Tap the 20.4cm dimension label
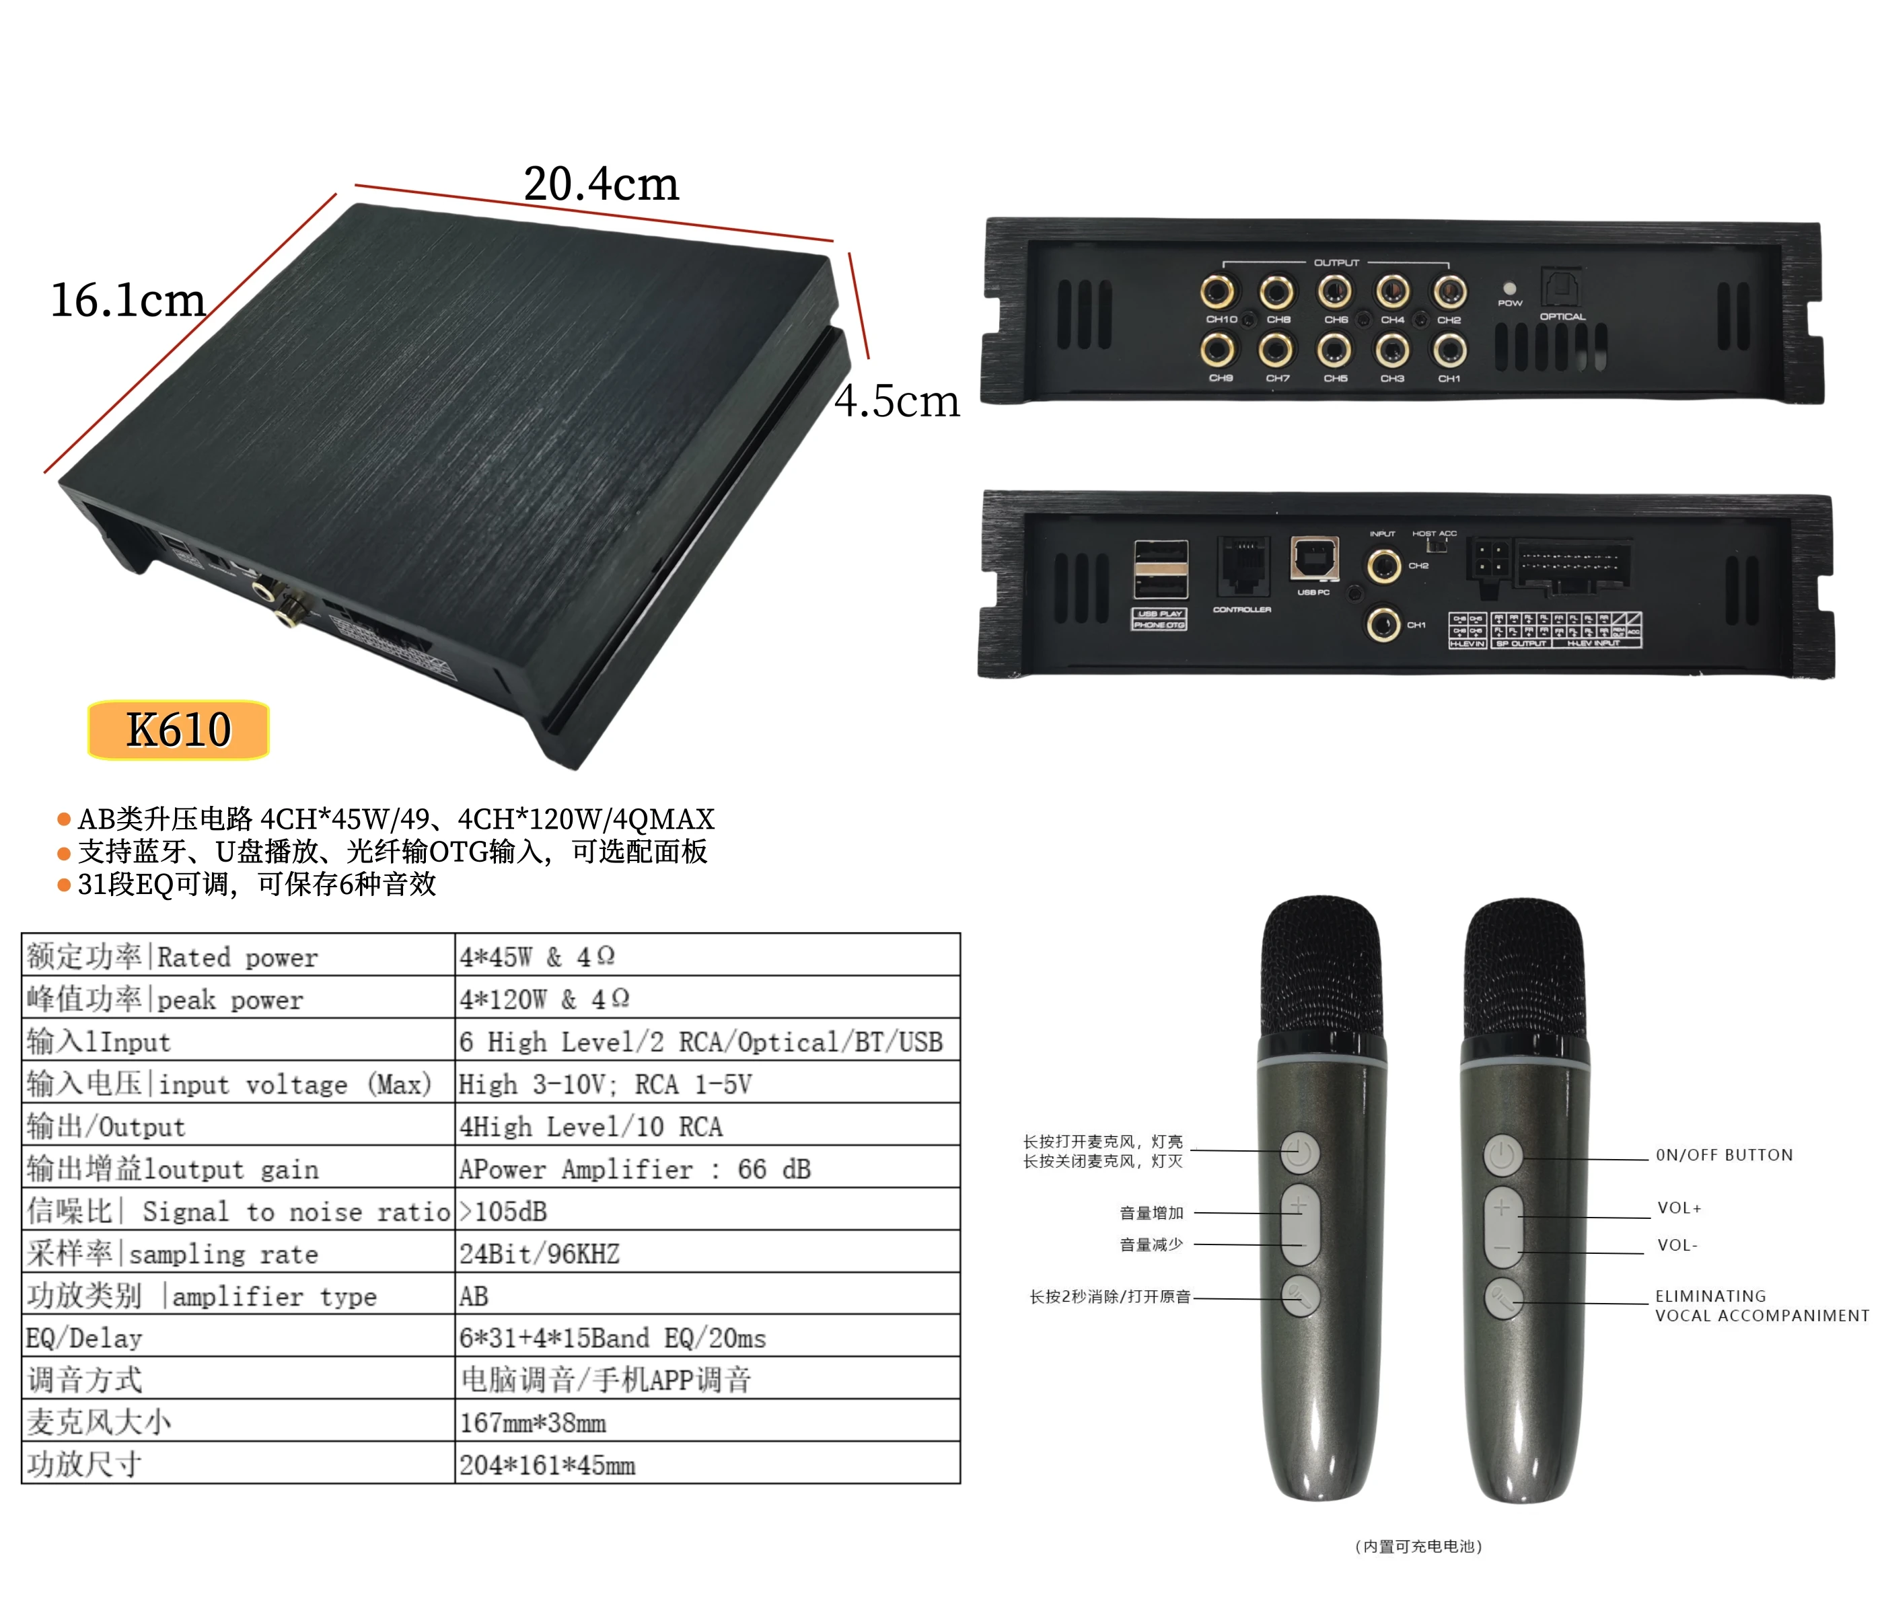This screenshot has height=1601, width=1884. point(600,184)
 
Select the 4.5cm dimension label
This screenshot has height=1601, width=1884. point(896,400)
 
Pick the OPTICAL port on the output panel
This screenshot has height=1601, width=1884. point(1560,286)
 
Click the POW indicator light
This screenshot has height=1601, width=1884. point(1509,289)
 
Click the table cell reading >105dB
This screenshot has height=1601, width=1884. point(706,1211)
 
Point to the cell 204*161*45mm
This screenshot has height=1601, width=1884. point(706,1465)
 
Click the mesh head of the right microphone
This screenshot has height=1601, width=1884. point(1525,971)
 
